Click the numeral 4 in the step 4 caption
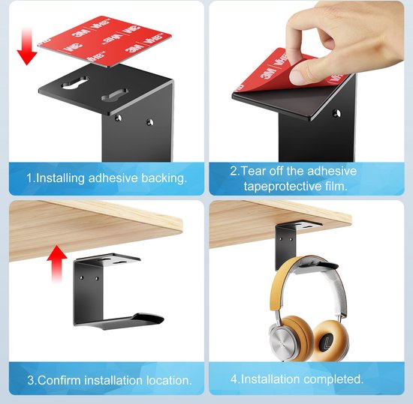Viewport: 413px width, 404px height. click(233, 379)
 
